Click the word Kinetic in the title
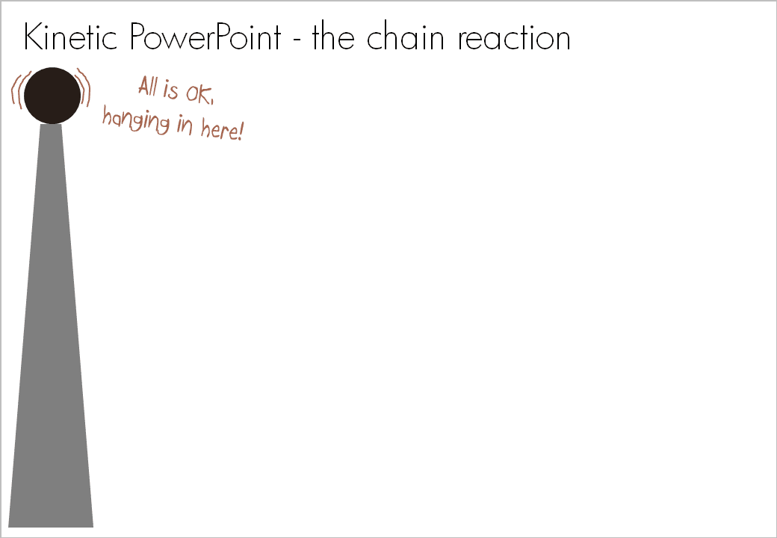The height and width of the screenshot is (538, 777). [x=72, y=37]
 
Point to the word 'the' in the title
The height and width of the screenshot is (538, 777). [x=333, y=37]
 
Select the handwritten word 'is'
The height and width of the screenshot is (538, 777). [x=172, y=91]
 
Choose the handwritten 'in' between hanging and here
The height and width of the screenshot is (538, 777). [x=185, y=125]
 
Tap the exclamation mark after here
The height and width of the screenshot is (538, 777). [x=240, y=133]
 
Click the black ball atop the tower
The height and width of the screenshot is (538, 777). [x=52, y=95]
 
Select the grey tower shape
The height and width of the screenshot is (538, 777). [x=51, y=336]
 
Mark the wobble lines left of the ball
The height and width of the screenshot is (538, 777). [x=17, y=91]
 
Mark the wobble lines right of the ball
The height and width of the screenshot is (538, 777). [x=84, y=88]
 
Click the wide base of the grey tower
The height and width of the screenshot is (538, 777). [x=51, y=516]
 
